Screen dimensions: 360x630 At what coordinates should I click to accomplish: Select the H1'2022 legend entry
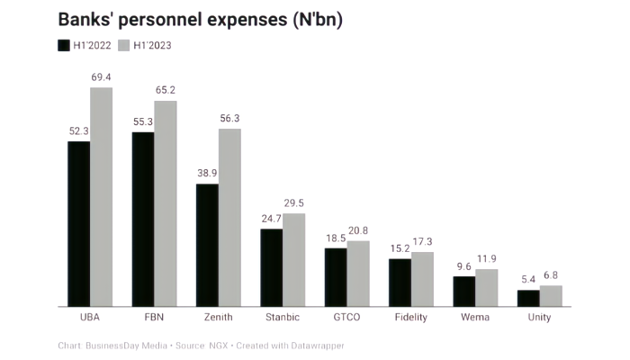[85, 46]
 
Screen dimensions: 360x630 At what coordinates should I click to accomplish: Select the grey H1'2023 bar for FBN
[166, 202]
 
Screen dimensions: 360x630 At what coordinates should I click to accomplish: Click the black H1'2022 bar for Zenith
[207, 245]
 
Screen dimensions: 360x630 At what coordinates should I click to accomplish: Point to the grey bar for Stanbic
[294, 259]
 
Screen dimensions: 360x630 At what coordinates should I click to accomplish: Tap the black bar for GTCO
[336, 276]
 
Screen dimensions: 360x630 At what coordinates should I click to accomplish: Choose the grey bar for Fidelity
[423, 279]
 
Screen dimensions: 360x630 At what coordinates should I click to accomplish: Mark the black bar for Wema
[464, 291]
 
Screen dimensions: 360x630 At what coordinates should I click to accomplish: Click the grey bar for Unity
[551, 295]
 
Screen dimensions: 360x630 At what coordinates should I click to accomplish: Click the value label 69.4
[101, 78]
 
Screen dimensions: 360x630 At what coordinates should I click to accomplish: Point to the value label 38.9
[207, 175]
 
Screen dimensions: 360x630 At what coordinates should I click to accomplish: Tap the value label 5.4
[528, 281]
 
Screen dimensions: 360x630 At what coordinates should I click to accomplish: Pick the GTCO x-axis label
[346, 318]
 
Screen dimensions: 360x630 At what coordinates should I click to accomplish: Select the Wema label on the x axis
[475, 318]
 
